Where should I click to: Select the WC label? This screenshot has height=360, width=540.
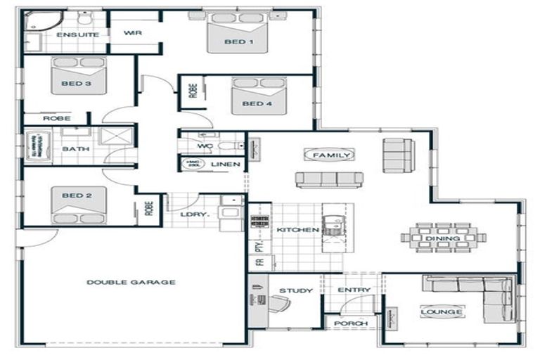[x=205, y=146]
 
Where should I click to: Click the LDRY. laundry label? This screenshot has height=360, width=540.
[x=191, y=214]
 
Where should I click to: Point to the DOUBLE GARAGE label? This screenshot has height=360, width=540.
[x=131, y=282]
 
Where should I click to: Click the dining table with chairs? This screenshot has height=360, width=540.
[x=443, y=238]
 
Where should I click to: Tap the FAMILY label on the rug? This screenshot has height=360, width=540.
[x=329, y=155]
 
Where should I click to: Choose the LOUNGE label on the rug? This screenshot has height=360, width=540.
[x=442, y=311]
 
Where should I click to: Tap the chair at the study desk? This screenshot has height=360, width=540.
[x=279, y=304]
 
